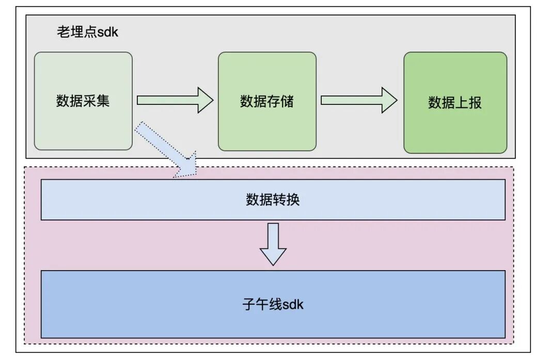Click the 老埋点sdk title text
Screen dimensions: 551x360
click(87, 32)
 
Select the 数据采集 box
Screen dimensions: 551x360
click(83, 101)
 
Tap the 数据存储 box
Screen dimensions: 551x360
click(267, 101)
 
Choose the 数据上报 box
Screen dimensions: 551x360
click(455, 103)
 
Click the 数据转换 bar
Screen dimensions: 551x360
click(273, 200)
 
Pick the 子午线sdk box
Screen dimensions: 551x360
click(273, 304)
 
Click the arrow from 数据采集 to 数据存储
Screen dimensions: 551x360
click(175, 100)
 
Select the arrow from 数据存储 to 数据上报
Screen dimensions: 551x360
click(359, 100)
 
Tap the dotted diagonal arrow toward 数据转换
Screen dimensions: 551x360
click(166, 150)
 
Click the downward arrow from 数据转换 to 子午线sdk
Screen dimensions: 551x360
click(273, 244)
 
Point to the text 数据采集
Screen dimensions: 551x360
click(83, 101)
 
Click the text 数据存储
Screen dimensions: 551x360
click(266, 101)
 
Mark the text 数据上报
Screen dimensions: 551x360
click(455, 103)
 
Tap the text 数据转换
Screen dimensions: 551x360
click(273, 200)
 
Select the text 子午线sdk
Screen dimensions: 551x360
click(273, 304)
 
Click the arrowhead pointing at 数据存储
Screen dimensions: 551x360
click(205, 100)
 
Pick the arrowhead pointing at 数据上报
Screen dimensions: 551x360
click(389, 100)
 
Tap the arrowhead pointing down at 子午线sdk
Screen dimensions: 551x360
click(273, 257)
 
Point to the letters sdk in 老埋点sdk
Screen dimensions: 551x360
click(108, 32)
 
